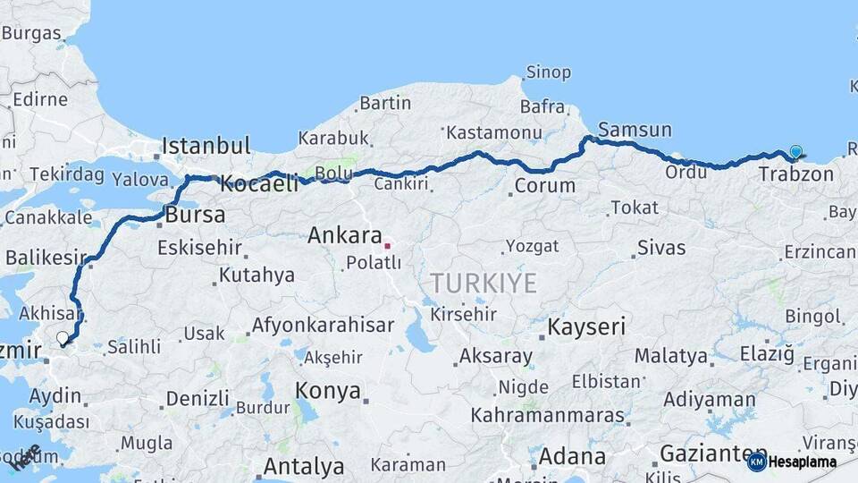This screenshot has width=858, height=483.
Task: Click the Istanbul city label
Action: (x=206, y=145)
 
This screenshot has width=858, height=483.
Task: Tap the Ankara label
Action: (x=345, y=236)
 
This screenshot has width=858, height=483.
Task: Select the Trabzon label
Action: (x=795, y=174)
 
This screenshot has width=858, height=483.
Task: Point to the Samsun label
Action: (x=635, y=130)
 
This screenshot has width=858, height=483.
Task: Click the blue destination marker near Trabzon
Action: (x=795, y=153)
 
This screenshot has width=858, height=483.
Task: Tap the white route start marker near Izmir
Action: (x=62, y=338)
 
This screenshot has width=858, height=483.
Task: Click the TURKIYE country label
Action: (x=484, y=284)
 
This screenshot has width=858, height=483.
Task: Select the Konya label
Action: (x=328, y=391)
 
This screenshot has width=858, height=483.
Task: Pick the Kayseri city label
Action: (x=586, y=326)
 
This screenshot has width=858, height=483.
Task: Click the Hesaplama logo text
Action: (x=803, y=462)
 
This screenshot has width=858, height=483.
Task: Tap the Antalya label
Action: (x=303, y=466)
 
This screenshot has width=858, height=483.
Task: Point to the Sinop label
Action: (x=549, y=72)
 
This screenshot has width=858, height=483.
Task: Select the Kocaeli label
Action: (x=259, y=184)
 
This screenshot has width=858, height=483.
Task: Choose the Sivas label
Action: (x=661, y=248)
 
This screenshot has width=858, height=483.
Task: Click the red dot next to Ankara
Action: (x=387, y=244)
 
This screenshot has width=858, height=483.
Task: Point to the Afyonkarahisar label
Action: (x=323, y=326)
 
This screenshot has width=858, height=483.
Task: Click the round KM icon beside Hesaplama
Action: (x=756, y=462)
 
